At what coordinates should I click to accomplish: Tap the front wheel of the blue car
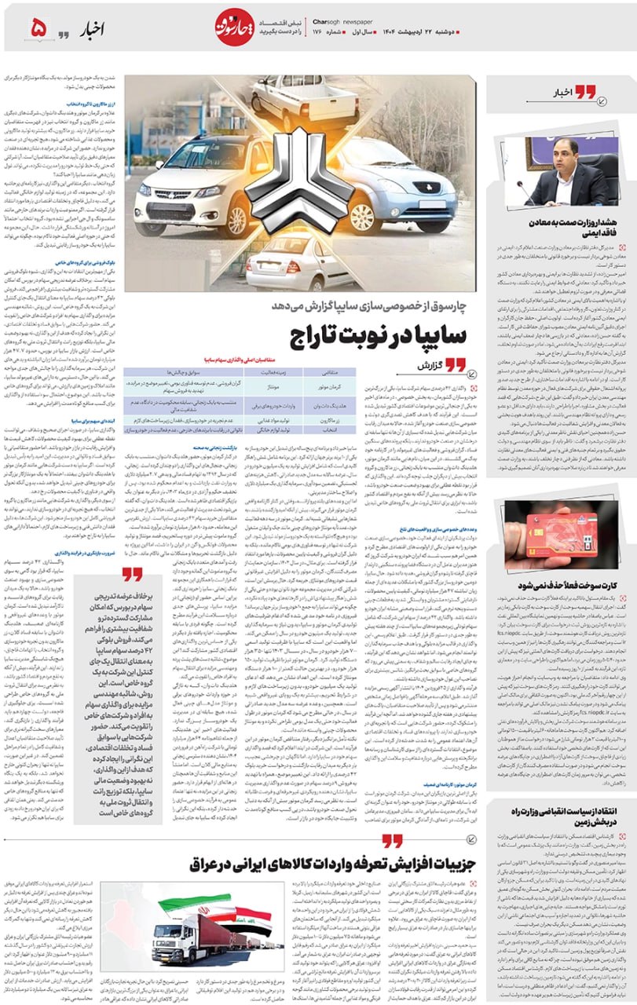point(364,217)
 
